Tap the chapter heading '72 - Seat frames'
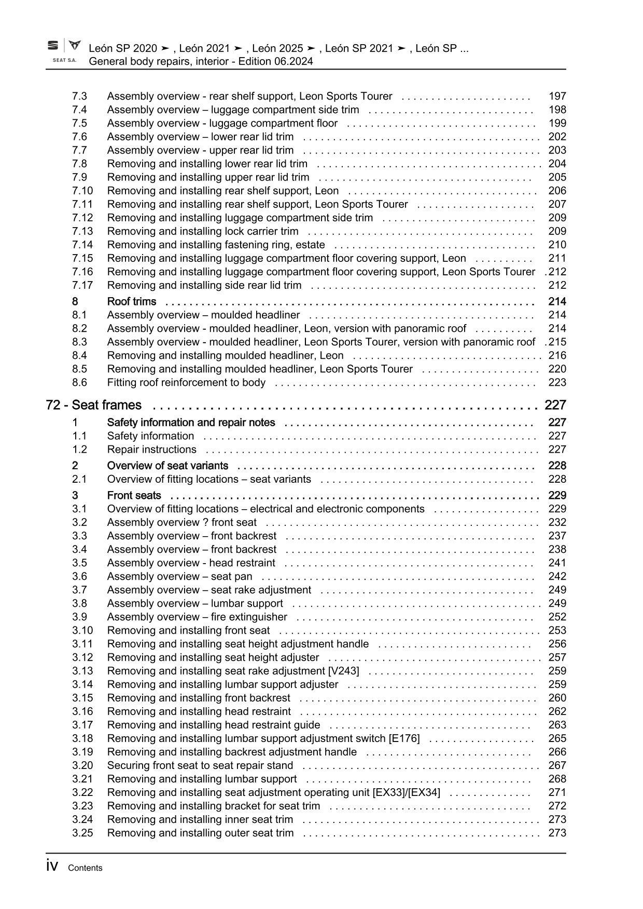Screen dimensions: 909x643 (x=93, y=405)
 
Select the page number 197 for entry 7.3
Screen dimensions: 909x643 (x=557, y=96)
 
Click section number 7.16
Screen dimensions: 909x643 (x=82, y=272)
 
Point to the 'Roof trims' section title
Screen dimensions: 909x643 (x=131, y=302)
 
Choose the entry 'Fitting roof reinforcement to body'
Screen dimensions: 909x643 (x=186, y=383)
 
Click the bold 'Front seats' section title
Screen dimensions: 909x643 (x=134, y=496)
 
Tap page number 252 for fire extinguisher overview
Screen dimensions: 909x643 (x=557, y=617)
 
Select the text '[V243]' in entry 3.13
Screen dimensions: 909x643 (x=343, y=671)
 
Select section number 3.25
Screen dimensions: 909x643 (x=82, y=833)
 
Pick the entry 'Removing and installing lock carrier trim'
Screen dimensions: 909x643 (x=203, y=231)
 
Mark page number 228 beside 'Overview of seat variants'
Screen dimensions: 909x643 (x=557, y=466)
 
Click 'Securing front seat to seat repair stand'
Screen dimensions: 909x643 (x=200, y=765)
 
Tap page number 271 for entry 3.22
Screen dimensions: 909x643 (x=557, y=792)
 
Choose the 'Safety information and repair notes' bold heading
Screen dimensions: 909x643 (x=191, y=423)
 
